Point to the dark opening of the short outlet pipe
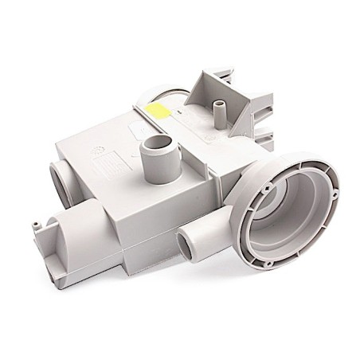click(185, 240)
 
